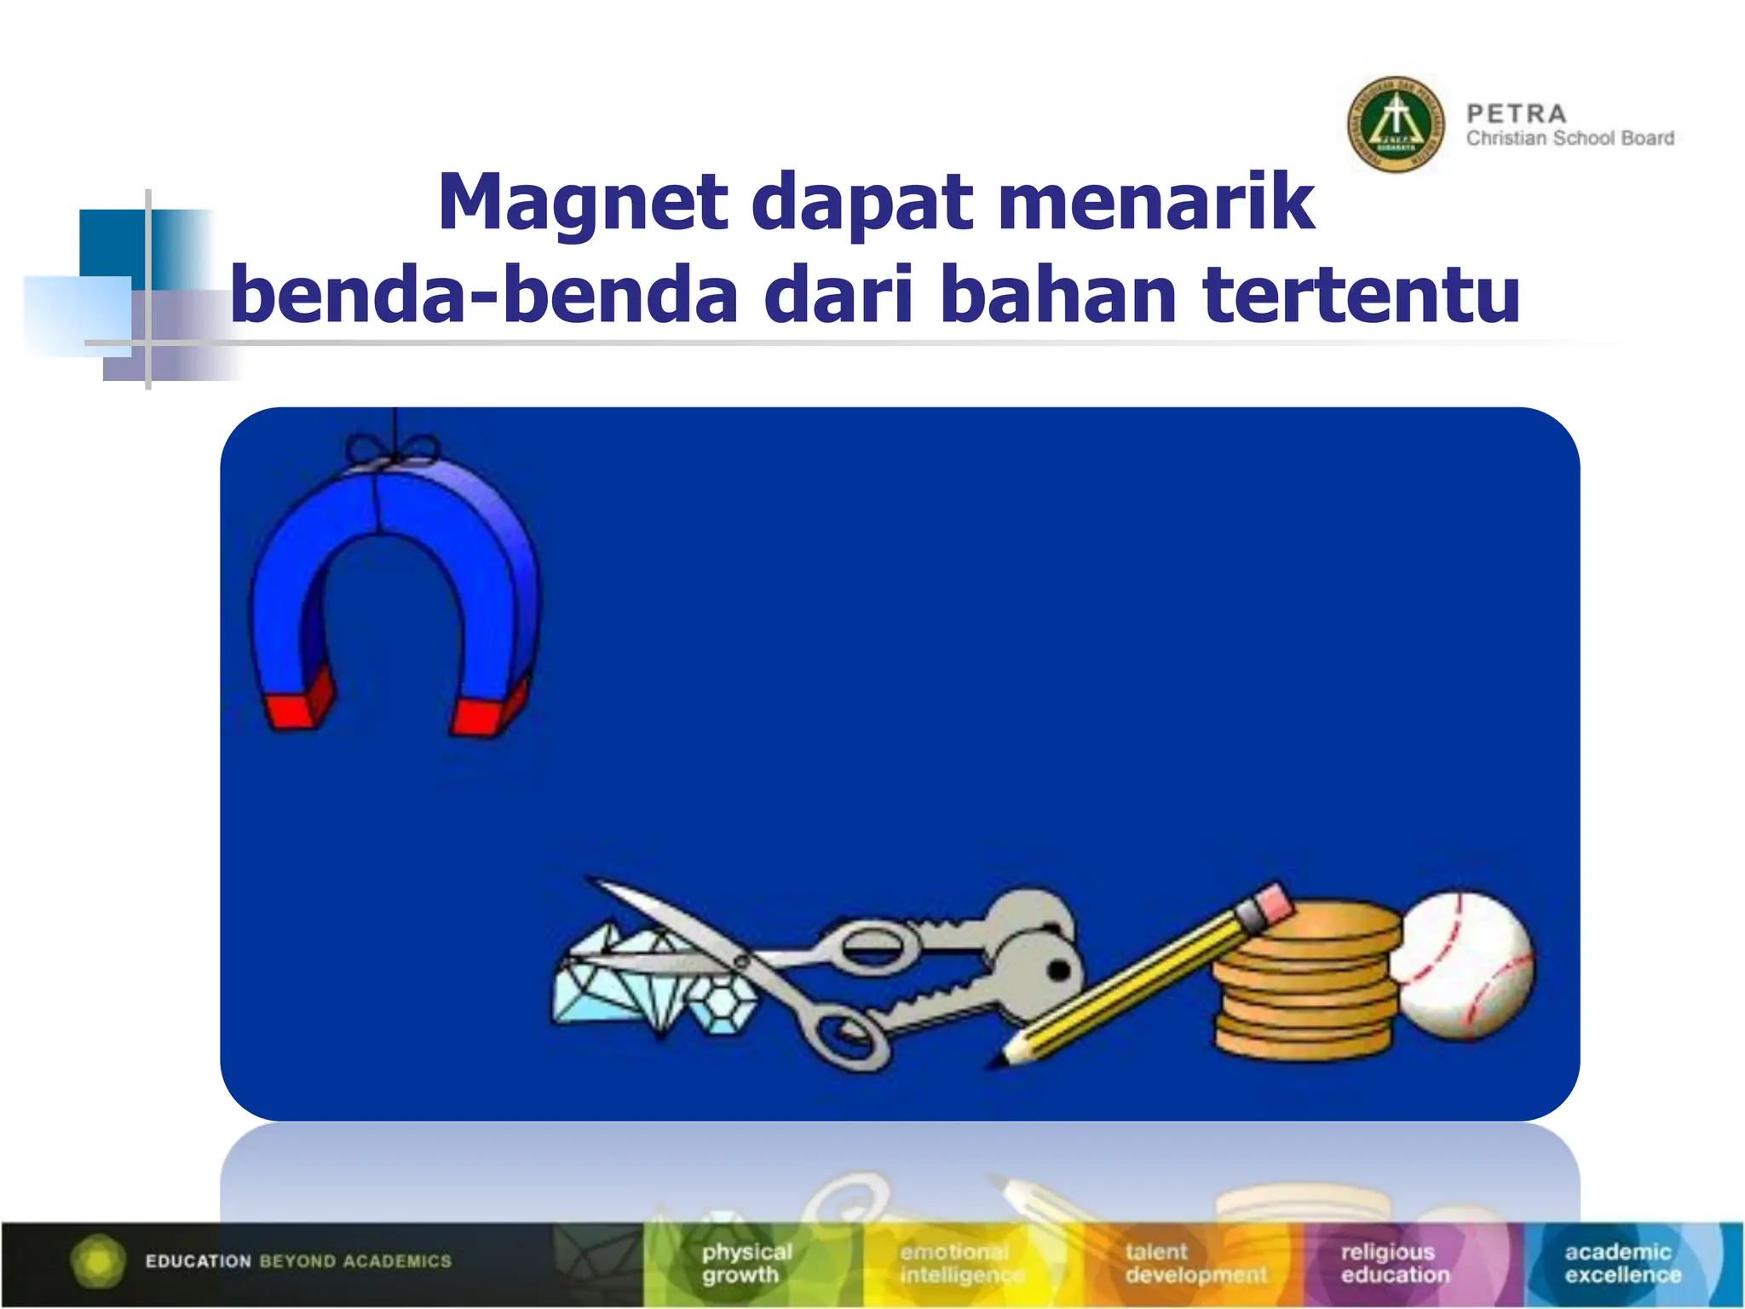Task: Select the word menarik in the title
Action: coord(1156,203)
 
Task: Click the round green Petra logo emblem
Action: coord(1396,124)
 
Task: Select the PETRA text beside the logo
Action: coord(1517,113)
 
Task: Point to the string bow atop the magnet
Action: coord(393,450)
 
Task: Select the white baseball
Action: coord(1466,966)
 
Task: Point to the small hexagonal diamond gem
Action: coord(723,1006)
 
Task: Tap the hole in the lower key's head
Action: coord(1058,970)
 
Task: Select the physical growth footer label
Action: coord(746,1263)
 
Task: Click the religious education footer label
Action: coord(1394,1263)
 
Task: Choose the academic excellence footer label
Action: coord(1621,1263)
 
